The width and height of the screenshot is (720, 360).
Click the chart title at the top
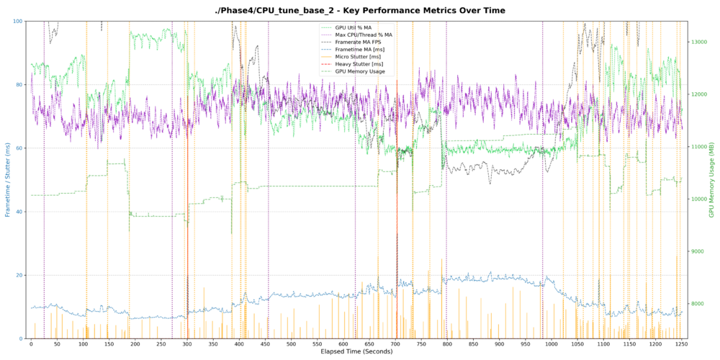point(360,10)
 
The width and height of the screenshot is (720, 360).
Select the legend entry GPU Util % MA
point(354,27)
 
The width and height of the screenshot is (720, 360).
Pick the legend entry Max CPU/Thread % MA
point(364,35)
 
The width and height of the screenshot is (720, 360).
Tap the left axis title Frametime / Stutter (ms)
point(8,180)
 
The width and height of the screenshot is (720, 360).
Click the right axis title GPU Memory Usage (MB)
point(714,180)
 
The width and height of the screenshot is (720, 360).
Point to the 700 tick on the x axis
point(395,344)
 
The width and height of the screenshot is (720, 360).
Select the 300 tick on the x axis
point(187,344)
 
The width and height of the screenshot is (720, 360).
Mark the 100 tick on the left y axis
point(17,22)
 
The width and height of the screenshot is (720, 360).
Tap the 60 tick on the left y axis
point(19,148)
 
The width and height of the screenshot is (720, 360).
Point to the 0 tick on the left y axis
point(21,338)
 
